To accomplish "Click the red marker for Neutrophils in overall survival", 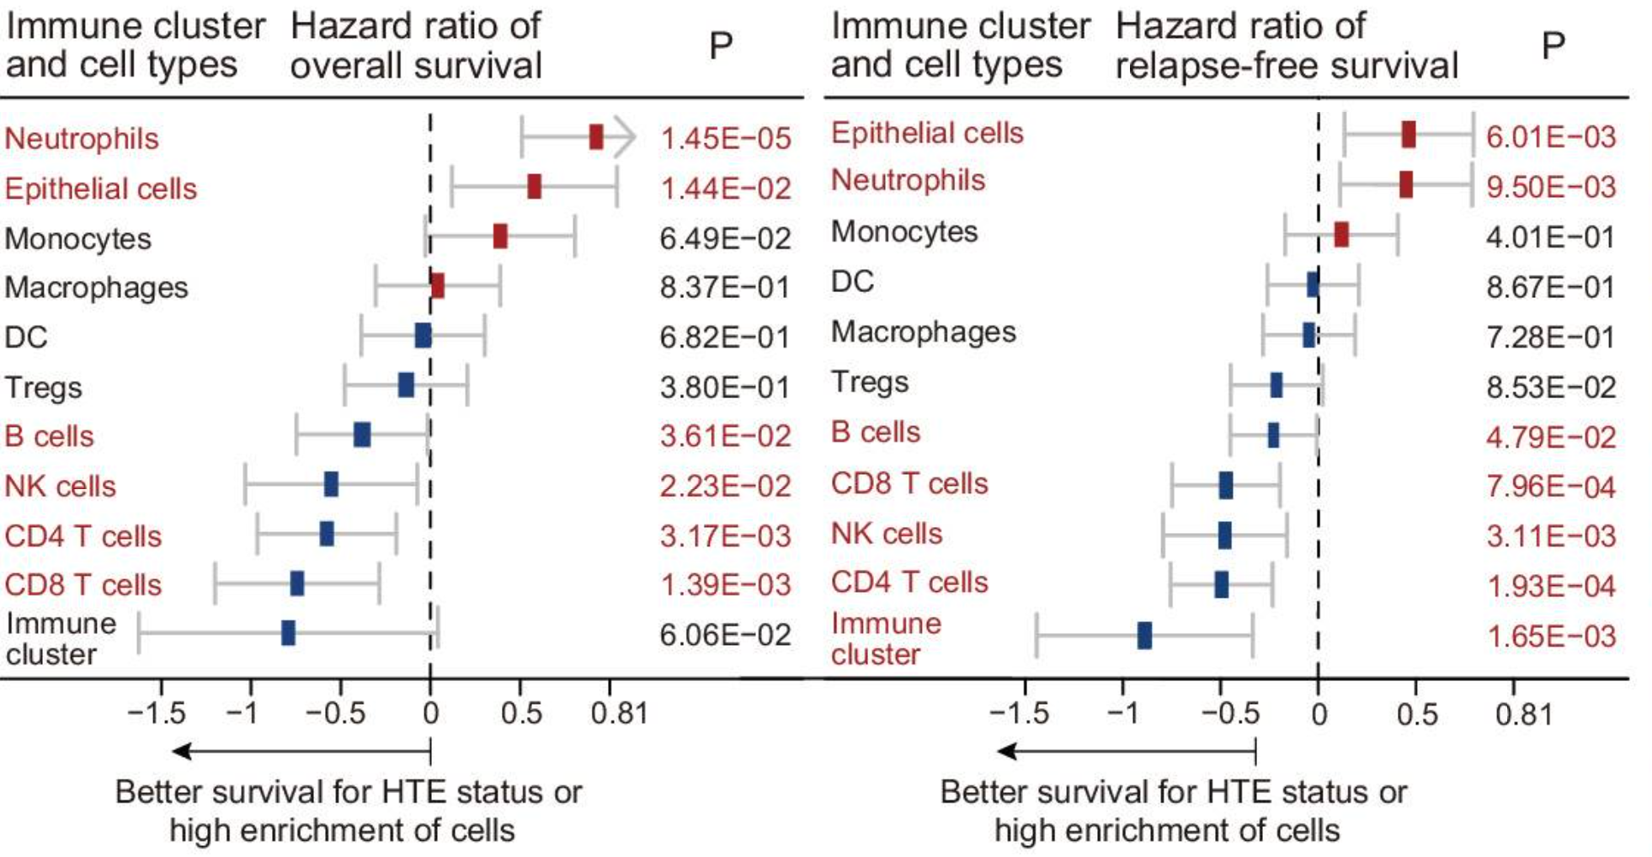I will (x=596, y=137).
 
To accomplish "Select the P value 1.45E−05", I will (x=725, y=139).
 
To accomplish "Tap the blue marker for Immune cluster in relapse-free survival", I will (x=1144, y=636).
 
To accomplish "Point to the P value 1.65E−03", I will (x=1551, y=636).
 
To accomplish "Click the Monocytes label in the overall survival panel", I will (x=78, y=239).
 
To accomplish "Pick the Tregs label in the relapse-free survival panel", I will (x=870, y=383).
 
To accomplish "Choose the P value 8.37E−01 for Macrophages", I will (x=725, y=288).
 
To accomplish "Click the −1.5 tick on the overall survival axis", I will (x=157, y=714).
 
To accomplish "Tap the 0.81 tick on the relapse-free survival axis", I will (x=1523, y=716).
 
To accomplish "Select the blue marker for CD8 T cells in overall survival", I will (x=297, y=583).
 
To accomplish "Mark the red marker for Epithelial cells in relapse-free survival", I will (x=1409, y=135).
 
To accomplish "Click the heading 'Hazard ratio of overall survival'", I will (x=416, y=45).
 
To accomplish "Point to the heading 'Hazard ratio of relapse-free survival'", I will (x=1287, y=45).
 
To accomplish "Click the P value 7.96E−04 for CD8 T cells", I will (x=1551, y=487).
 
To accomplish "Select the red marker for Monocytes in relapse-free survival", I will (x=1341, y=235).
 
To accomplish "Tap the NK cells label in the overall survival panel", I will (x=61, y=487).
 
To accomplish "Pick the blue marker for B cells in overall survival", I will (x=362, y=435).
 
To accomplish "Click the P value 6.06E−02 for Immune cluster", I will (x=725, y=635).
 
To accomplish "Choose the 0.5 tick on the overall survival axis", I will (x=521, y=714).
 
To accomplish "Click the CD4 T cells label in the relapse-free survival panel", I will (x=909, y=583).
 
